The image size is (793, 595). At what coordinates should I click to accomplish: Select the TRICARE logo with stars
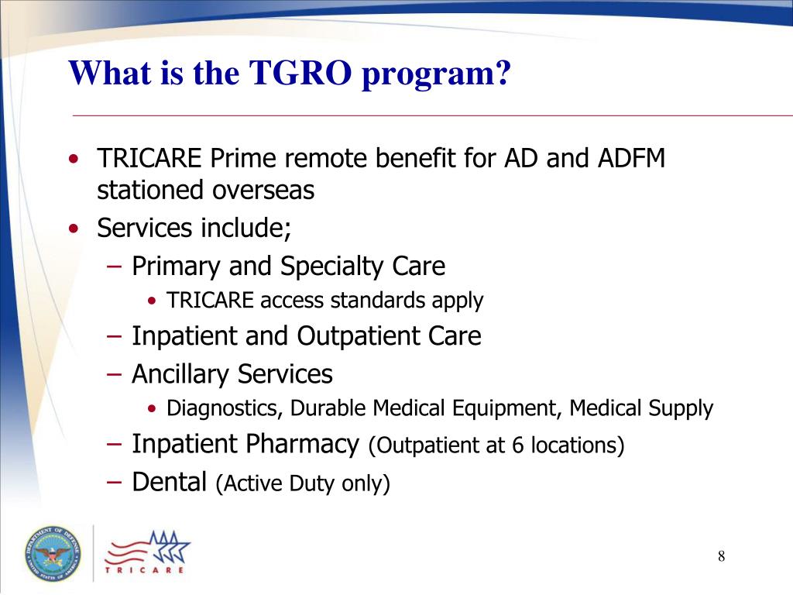(x=148, y=553)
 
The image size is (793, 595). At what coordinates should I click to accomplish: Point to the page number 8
(x=721, y=556)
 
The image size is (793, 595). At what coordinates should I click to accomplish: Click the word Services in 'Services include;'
(x=145, y=229)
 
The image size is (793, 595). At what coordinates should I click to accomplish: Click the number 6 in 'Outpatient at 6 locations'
(x=517, y=446)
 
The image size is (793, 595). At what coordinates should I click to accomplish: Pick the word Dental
(x=169, y=483)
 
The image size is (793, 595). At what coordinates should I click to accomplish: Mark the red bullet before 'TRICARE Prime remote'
(x=73, y=160)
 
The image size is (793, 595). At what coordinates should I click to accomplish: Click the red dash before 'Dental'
(x=115, y=482)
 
